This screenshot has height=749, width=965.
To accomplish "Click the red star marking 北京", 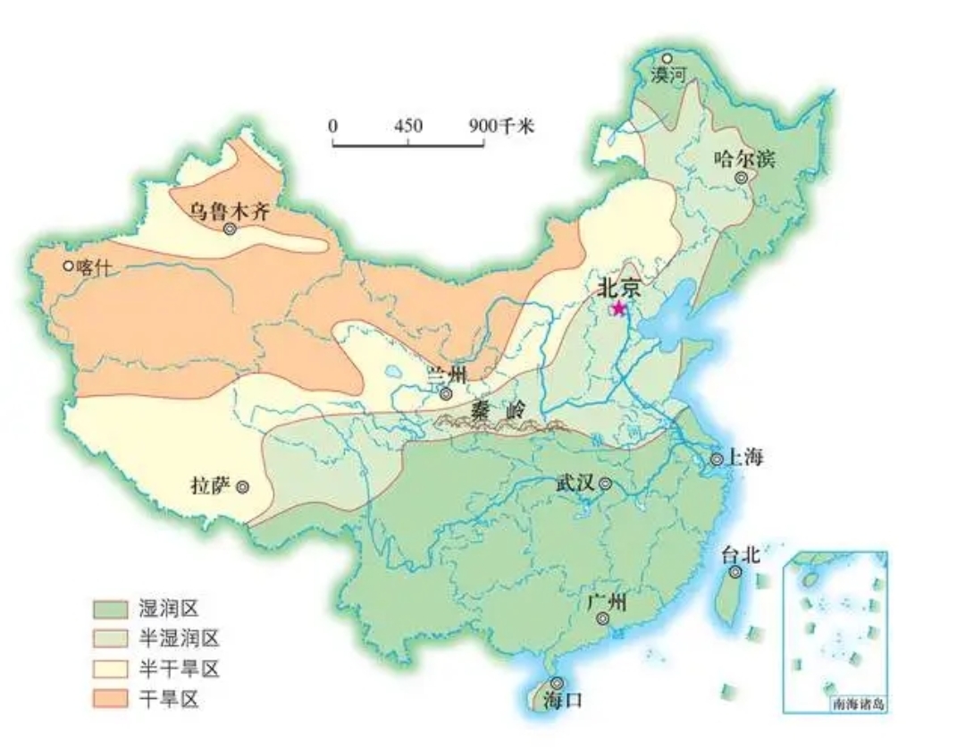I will tap(617, 308).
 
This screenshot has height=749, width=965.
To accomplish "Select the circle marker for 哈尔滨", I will tap(741, 178).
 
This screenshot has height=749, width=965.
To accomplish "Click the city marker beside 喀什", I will tap(68, 265).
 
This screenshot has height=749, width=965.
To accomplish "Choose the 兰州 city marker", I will tap(446, 393).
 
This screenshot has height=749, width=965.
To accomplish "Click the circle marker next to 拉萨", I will tap(242, 487).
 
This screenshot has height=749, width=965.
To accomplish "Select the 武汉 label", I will tap(575, 484).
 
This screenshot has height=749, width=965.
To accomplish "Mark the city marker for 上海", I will tap(717, 459).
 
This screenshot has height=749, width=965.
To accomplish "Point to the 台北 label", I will tap(740, 554).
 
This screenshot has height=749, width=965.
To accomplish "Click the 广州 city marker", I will tap(603, 619).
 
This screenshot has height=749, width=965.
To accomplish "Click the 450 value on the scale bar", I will tap(408, 125).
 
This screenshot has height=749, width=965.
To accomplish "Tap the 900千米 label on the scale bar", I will tap(501, 125).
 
